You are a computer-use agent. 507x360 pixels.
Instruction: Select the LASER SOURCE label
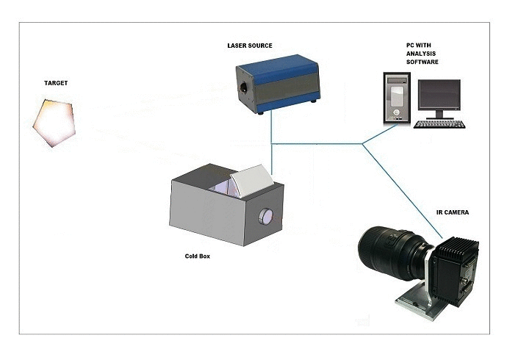[250, 46]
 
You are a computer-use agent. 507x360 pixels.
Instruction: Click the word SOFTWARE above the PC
[422, 63]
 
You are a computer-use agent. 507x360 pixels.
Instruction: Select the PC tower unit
[397, 96]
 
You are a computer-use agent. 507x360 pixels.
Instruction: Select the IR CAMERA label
[451, 212]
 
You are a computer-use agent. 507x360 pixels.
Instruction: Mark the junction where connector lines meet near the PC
[363, 144]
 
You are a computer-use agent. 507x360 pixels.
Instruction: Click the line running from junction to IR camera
[400, 191]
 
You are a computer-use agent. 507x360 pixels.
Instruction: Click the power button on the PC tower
[398, 112]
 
